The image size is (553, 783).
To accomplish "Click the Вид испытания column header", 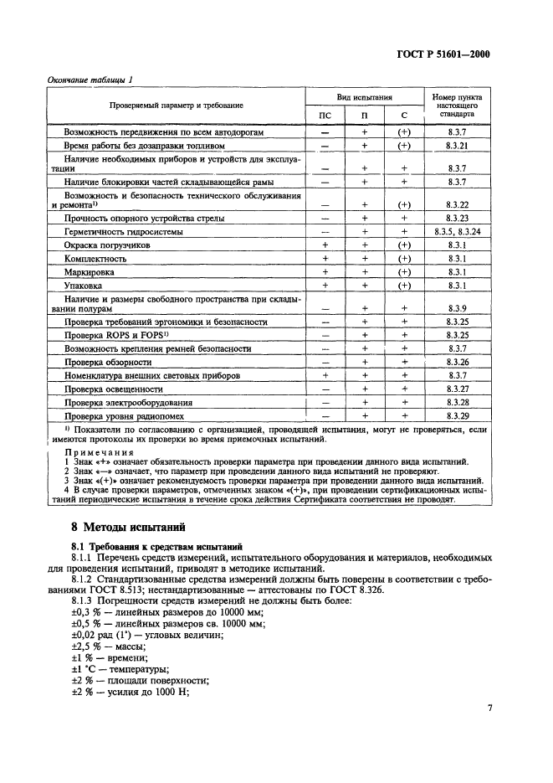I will click(x=365, y=97).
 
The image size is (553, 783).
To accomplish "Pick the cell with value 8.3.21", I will click(x=455, y=145).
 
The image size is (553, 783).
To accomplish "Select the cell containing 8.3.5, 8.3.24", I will click(x=455, y=230).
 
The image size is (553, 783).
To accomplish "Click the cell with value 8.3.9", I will click(x=455, y=308).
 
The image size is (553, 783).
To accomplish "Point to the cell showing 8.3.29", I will click(x=455, y=415).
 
